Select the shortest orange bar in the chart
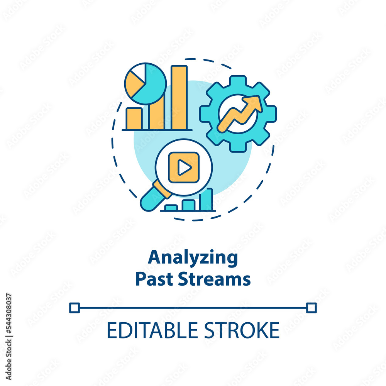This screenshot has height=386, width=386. (134, 119)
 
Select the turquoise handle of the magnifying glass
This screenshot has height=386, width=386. (152, 195)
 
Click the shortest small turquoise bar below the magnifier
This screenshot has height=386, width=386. (171, 208)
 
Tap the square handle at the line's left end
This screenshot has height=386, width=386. (74, 308)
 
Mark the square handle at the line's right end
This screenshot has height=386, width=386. (312, 308)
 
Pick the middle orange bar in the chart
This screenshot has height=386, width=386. (157, 114)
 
